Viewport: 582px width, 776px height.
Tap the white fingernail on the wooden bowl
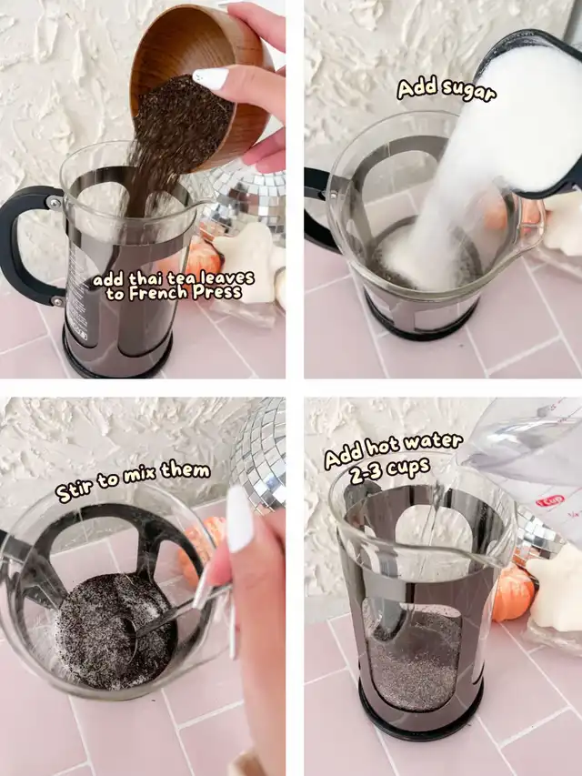[210, 78]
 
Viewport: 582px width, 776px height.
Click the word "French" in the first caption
[158, 293]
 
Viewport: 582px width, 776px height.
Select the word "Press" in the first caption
[216, 292]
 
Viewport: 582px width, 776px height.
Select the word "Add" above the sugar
[416, 88]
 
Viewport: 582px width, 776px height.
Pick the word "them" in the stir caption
[186, 469]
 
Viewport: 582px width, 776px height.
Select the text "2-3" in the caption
[366, 474]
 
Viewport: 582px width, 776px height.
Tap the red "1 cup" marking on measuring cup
[550, 499]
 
